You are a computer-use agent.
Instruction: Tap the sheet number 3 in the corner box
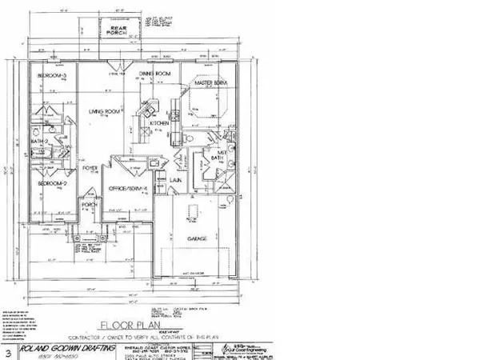[8, 350]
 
